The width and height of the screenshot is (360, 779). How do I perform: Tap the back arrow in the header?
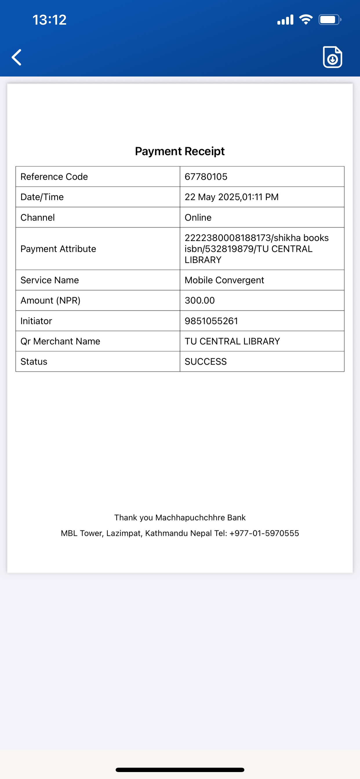click(17, 57)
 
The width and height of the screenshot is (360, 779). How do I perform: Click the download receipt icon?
click(332, 57)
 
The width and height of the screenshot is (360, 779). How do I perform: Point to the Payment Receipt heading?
click(180, 151)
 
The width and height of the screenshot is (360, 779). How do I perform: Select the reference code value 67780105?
click(206, 176)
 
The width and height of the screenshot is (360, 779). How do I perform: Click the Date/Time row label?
click(42, 197)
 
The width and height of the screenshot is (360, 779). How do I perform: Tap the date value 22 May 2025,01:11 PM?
click(231, 197)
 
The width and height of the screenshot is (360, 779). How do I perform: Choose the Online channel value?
click(198, 217)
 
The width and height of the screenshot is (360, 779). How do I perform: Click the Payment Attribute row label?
click(58, 249)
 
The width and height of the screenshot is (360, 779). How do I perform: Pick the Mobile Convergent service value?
click(224, 280)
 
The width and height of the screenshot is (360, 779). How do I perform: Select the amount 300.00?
click(200, 300)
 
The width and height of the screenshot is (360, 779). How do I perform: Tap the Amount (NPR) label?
click(50, 300)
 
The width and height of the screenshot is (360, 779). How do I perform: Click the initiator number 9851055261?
click(211, 321)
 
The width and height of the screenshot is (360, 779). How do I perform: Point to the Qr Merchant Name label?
click(60, 341)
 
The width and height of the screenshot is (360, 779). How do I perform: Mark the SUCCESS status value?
click(206, 361)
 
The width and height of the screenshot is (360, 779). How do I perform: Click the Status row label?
click(34, 361)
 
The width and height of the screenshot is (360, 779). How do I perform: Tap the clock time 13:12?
click(49, 20)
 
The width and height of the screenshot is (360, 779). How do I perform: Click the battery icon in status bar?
click(330, 20)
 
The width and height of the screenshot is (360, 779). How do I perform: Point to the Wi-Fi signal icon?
click(306, 20)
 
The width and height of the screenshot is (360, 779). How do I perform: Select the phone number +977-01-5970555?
click(264, 533)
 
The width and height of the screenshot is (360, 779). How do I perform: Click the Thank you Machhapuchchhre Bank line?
click(180, 517)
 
